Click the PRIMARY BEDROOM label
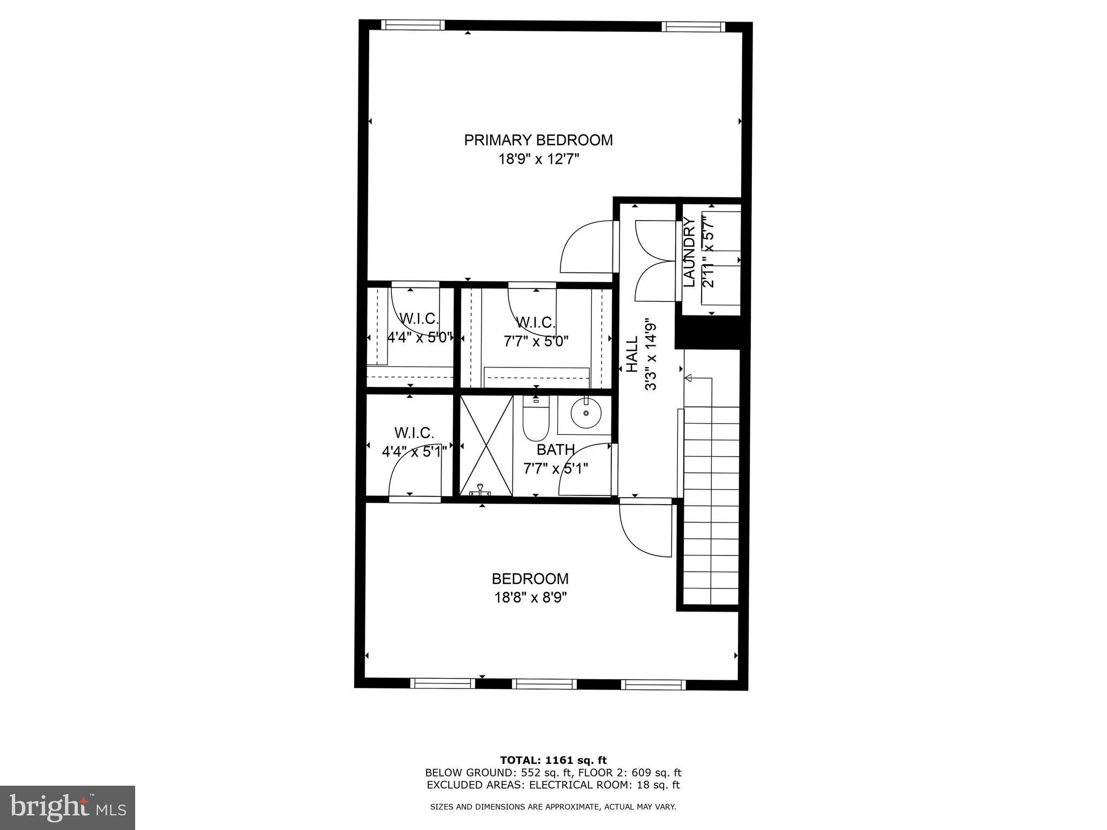(x=538, y=140)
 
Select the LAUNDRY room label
(x=689, y=252)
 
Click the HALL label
(x=632, y=354)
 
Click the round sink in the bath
(x=586, y=413)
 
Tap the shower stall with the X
(x=486, y=445)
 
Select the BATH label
(x=556, y=450)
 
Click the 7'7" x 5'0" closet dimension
(x=536, y=342)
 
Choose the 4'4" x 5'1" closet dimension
(x=415, y=452)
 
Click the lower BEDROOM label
(x=530, y=579)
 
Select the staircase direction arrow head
(x=688, y=378)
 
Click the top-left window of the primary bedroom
(x=413, y=25)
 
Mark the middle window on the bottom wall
(x=544, y=684)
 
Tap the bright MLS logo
(x=68, y=807)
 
